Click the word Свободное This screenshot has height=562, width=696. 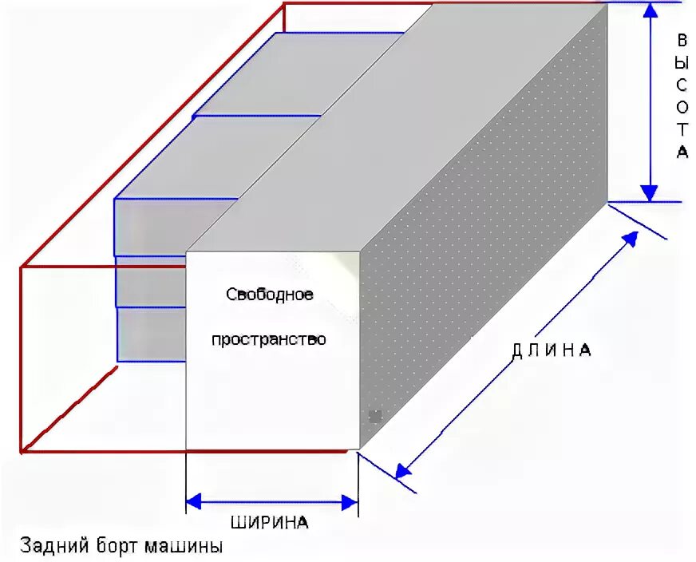point(269,295)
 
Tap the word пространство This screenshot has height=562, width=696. point(269,339)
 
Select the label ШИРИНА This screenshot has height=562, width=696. point(269,524)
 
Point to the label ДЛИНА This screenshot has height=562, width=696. point(552,350)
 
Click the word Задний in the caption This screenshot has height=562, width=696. point(47,547)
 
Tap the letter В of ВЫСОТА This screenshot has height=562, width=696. point(682,41)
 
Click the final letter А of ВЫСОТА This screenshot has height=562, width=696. point(682,152)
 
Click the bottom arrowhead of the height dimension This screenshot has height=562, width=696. point(650,192)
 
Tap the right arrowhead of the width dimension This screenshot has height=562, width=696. point(350,502)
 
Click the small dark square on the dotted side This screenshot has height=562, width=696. point(375,416)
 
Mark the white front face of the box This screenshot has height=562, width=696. point(271,383)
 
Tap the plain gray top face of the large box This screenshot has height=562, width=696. point(399,120)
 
